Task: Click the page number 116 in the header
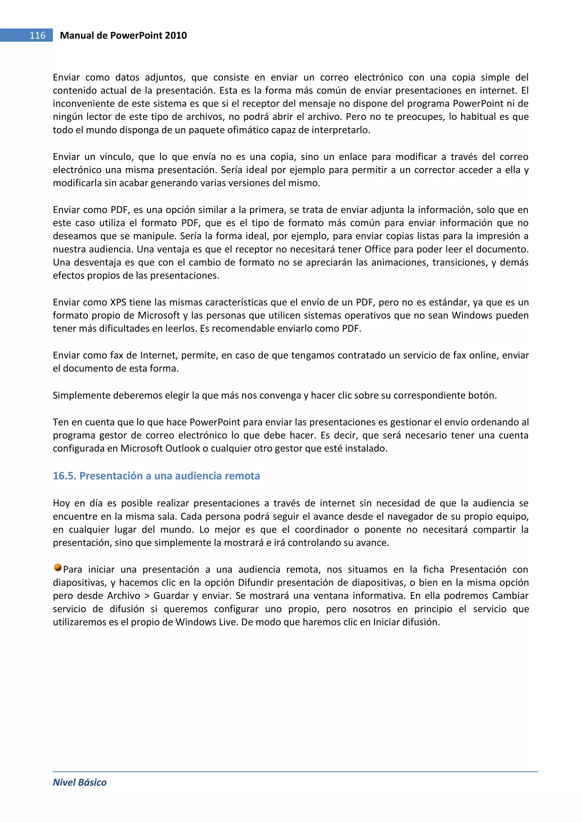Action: point(37,36)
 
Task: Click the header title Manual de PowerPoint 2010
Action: point(123,36)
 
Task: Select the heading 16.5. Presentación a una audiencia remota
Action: point(156,476)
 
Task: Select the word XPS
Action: point(118,302)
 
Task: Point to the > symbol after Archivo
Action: point(147,596)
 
